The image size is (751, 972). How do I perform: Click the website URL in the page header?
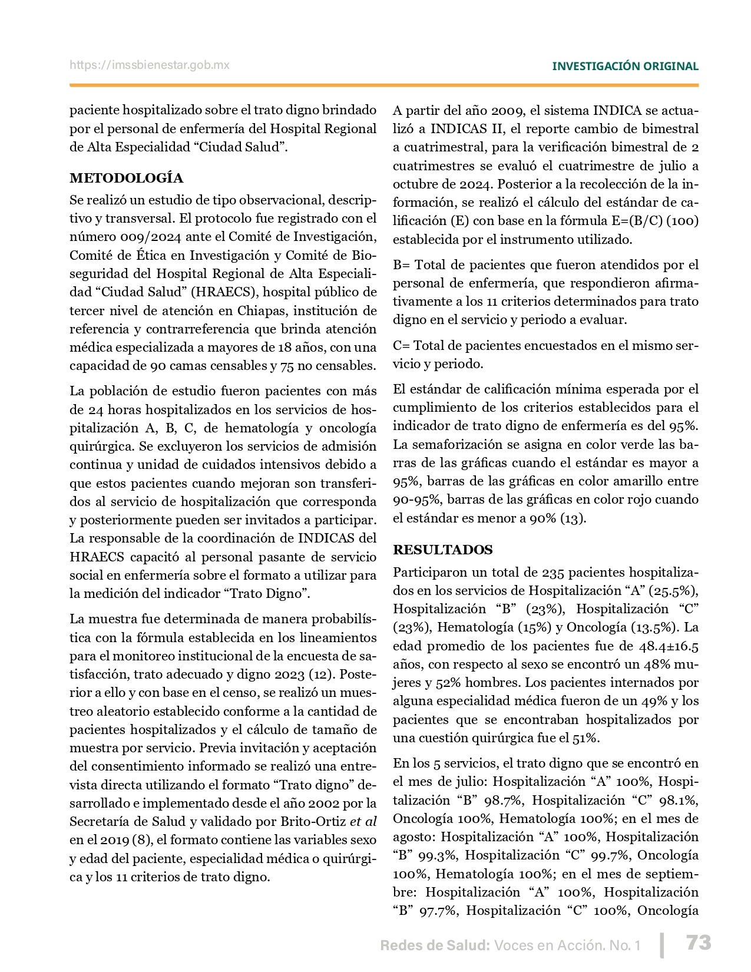click(x=150, y=65)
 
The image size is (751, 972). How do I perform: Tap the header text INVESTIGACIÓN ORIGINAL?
click(x=625, y=67)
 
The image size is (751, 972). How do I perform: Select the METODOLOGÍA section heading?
click(x=126, y=178)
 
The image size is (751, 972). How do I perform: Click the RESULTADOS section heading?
click(x=443, y=550)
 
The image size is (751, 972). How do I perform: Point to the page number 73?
click(x=699, y=943)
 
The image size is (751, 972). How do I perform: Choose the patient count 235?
click(x=553, y=572)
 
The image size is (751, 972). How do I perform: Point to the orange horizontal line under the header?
click(x=383, y=85)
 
